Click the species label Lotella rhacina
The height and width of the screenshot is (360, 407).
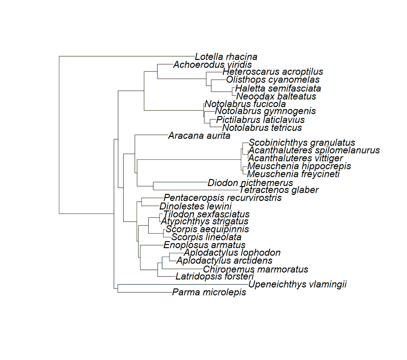pyautogui.click(x=226, y=57)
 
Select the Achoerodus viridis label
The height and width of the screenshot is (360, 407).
pyautogui.click(x=212, y=65)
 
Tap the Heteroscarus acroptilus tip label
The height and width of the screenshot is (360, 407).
pyautogui.click(x=273, y=72)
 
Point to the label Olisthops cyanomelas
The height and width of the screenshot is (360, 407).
pyautogui.click(x=273, y=80)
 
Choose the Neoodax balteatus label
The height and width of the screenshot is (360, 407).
pyautogui.click(x=276, y=96)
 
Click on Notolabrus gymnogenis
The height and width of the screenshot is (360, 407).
pyautogui.click(x=265, y=111)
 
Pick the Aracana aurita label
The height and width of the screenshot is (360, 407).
pyautogui.click(x=199, y=136)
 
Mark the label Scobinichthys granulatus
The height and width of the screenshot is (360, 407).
pyautogui.click(x=302, y=143)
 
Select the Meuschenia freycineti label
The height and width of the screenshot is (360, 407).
pyautogui.click(x=293, y=174)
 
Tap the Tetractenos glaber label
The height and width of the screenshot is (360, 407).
pyautogui.click(x=279, y=190)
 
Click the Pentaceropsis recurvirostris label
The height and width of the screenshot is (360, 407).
pyautogui.click(x=222, y=198)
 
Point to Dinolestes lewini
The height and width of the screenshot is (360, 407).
pyautogui.click(x=195, y=206)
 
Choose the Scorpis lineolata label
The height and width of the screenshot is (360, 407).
pyautogui.click(x=206, y=237)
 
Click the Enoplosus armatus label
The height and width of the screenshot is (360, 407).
pyautogui.click(x=204, y=245)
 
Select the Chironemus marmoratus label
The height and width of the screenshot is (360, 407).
pyautogui.click(x=255, y=269)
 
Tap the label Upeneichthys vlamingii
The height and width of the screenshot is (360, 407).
pyautogui.click(x=297, y=284)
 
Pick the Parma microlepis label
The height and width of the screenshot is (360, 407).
pyautogui.click(x=209, y=292)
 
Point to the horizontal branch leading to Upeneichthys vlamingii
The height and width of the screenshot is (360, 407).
pyautogui.click(x=183, y=284)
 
